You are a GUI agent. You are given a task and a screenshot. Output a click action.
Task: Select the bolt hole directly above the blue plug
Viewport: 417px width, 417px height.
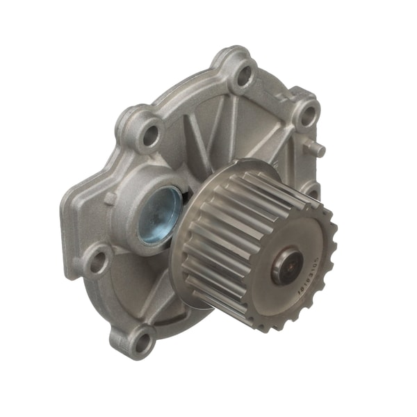point(148,134)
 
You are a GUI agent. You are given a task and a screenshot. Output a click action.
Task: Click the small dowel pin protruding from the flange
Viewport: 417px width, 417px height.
point(321,149)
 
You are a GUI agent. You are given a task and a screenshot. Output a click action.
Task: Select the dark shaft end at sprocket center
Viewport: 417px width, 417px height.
point(286,268)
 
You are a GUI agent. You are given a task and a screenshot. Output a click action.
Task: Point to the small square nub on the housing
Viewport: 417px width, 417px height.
point(110,198)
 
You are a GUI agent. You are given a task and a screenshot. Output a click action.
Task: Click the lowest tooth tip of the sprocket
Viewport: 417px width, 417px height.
point(278,327)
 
